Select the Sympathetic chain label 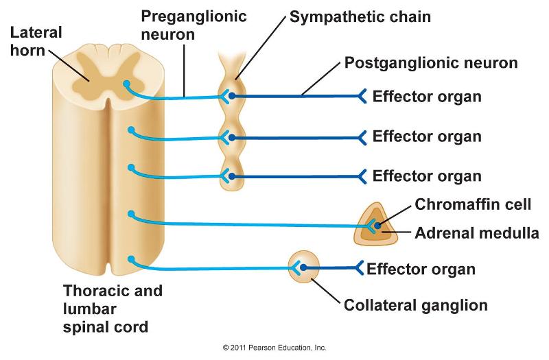click(360, 16)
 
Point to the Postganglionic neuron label click(431, 64)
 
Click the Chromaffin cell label click(474, 204)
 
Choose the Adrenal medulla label click(477, 232)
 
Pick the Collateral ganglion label click(415, 305)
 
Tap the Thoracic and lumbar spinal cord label click(113, 309)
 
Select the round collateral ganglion click(303, 267)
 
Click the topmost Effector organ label click(427, 96)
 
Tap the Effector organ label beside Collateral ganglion click(421, 268)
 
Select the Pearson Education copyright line click(274, 348)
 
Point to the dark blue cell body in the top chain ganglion click(233, 96)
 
